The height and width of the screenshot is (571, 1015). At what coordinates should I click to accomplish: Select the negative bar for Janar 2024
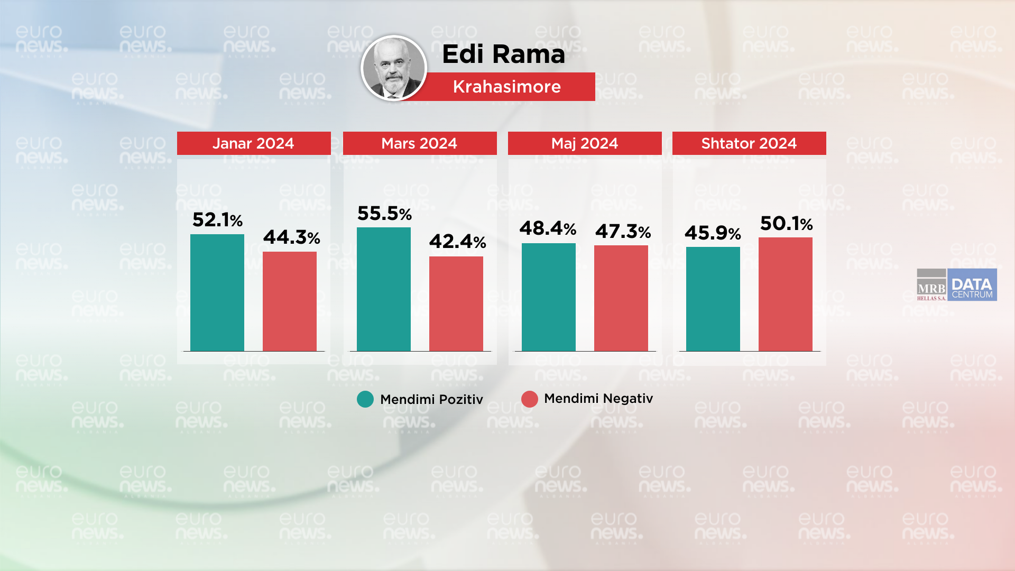(290, 301)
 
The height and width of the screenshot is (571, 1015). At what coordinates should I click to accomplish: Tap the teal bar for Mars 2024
(384, 289)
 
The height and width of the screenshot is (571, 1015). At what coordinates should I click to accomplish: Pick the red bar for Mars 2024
(456, 303)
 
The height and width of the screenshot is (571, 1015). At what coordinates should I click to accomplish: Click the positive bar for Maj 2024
(549, 297)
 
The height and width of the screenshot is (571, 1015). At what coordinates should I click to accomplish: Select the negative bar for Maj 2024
(621, 298)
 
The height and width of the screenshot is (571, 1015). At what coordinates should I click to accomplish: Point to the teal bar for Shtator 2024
(713, 299)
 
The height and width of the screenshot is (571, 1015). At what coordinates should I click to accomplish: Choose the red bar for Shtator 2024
(786, 294)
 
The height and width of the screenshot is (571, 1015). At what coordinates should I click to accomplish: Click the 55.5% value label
(384, 214)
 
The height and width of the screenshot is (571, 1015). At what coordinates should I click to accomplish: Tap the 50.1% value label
(786, 224)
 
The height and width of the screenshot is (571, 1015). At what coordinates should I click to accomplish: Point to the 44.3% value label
(291, 237)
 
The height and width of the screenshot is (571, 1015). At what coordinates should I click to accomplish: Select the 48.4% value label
(548, 228)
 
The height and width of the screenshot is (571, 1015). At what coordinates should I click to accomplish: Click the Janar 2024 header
(254, 143)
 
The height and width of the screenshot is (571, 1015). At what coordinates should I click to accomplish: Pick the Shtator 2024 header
(749, 143)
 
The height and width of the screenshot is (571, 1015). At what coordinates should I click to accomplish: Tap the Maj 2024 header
(585, 143)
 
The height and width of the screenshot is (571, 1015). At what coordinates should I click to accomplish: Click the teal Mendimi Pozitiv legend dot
(365, 399)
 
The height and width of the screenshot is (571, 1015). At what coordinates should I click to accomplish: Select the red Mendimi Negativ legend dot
(530, 399)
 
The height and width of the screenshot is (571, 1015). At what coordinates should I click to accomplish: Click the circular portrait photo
(394, 68)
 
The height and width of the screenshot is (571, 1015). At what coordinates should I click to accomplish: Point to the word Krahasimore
(506, 87)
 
